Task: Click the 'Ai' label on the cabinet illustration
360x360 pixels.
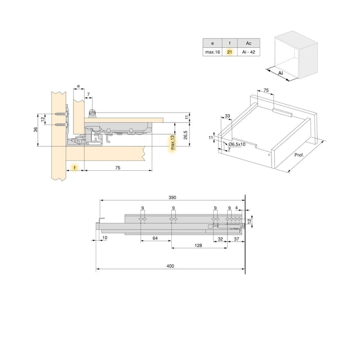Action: pos(281,74)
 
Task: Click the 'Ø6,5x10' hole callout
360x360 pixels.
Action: pos(237,145)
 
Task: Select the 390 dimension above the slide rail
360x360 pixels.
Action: pos(172,197)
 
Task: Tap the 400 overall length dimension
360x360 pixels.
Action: pos(171,266)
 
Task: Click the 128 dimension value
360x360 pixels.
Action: pos(198,246)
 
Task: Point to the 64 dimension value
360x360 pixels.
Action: pos(155,239)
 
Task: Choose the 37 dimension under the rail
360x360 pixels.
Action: pos(237,239)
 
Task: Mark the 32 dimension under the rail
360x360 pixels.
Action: pos(220,239)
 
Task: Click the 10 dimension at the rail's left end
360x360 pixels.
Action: pos(104,238)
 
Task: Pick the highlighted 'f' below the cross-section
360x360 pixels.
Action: pos(75,168)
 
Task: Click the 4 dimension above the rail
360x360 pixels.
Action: pos(236,208)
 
